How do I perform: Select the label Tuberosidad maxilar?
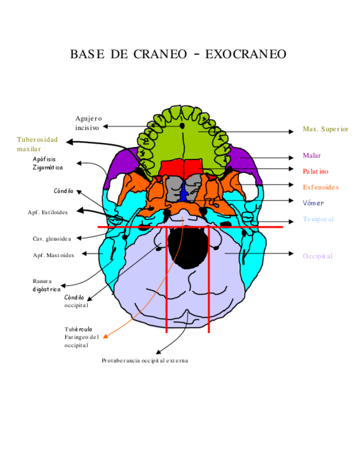click(x=37, y=144)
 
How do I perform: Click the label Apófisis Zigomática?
click(x=47, y=163)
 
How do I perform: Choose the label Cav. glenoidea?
click(x=52, y=238)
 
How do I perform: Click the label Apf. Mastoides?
click(x=53, y=254)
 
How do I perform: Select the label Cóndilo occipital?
click(x=76, y=301)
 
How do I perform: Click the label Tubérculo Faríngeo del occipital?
click(x=81, y=337)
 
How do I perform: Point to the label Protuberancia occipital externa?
click(x=145, y=360)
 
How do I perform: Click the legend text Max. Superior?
click(x=325, y=129)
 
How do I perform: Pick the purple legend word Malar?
click(x=311, y=156)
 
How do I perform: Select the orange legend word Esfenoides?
click(x=320, y=187)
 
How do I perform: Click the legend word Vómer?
click(x=313, y=203)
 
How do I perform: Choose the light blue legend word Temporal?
click(x=318, y=219)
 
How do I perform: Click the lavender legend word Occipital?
click(x=317, y=256)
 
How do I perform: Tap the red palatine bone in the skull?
click(x=182, y=168)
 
